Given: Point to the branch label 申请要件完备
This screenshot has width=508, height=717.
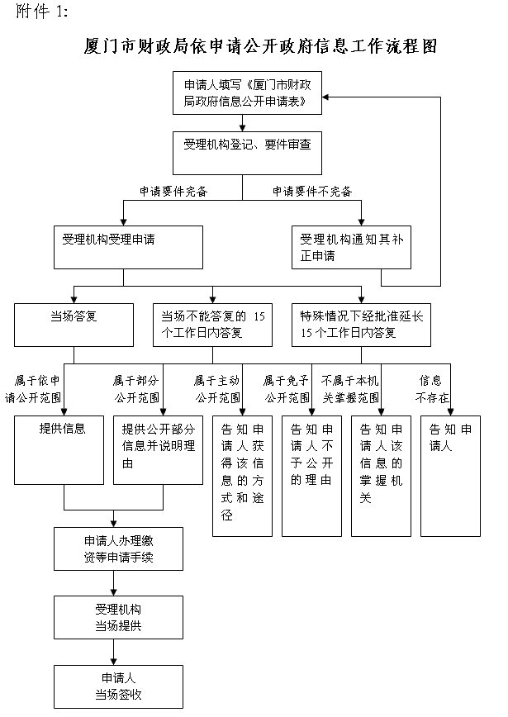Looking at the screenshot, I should (173, 192).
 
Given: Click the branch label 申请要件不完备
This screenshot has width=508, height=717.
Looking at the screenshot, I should (312, 192).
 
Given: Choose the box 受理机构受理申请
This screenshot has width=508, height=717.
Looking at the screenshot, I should (127, 248).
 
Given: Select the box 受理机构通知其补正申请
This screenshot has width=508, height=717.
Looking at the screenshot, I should (351, 248).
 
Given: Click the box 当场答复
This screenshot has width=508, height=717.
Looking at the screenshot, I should (74, 324).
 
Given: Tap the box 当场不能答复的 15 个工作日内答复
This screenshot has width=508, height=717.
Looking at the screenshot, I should (213, 324).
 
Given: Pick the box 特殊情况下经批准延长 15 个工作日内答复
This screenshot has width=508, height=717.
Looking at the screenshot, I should (361, 324).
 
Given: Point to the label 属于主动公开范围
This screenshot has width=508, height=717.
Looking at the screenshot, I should (217, 388).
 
